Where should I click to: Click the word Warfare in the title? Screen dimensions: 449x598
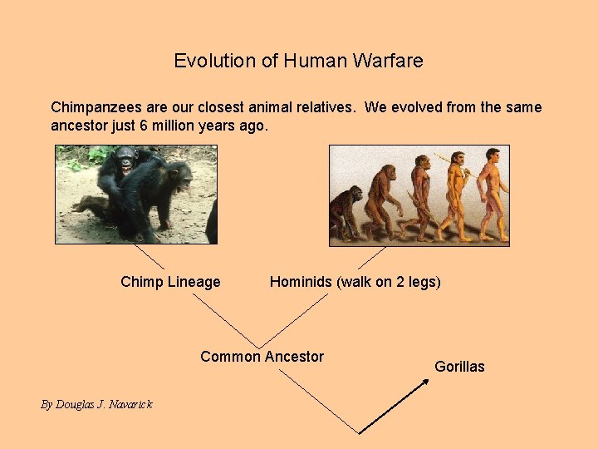pos(388,61)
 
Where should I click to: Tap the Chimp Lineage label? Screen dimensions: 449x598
pos(170,282)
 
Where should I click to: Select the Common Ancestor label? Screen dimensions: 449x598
pos(262,357)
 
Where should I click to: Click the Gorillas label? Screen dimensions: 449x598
pos(459,367)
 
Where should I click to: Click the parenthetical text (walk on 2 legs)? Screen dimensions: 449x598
pos(389,282)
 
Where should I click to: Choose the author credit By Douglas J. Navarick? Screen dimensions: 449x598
pos(96,404)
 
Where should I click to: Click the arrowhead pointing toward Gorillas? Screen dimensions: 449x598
pos(425,382)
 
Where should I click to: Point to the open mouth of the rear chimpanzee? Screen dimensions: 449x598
pos(126,167)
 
